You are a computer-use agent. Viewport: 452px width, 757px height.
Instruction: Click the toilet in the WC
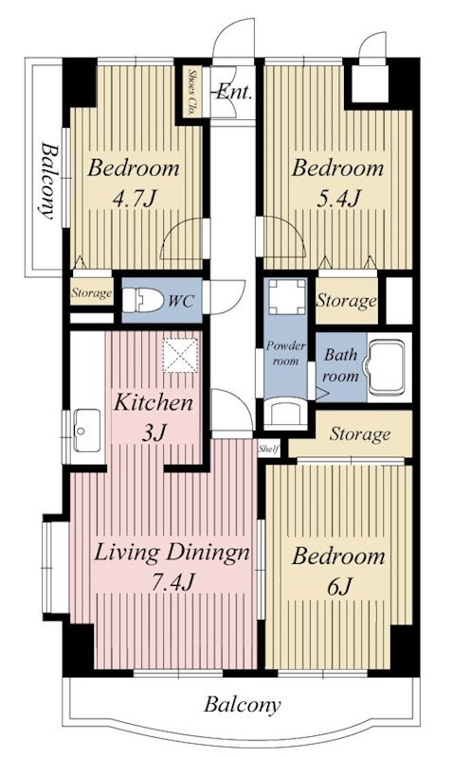point(142,300)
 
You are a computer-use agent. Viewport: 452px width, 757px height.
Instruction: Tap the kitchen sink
point(87,430)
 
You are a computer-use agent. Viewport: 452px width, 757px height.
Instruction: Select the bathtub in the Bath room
point(385,367)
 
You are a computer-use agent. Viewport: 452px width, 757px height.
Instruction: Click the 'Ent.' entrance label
point(234,92)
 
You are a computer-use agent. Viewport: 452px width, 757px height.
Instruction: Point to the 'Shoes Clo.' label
point(191,91)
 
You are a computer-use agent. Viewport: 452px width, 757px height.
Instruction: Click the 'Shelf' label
point(269,449)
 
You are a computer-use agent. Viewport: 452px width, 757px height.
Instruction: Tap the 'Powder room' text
point(286,353)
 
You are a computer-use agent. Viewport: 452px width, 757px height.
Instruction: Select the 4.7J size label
point(135,198)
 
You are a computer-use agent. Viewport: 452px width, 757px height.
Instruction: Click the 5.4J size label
point(338,198)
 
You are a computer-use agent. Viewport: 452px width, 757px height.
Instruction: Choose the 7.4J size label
point(172,583)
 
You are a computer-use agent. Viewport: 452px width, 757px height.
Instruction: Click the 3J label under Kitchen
point(154,433)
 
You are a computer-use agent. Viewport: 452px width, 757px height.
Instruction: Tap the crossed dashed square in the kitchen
point(180,356)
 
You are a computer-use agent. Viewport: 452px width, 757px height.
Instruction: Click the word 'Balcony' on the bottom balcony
point(242,705)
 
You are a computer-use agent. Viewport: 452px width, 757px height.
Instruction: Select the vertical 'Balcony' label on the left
point(46,181)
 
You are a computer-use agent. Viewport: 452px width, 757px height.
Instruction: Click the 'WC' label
point(181,301)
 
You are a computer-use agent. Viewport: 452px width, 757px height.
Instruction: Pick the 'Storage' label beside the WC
point(92,293)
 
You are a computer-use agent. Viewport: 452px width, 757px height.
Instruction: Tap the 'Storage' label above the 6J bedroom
point(360,434)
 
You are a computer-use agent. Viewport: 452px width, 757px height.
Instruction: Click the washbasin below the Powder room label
point(286,414)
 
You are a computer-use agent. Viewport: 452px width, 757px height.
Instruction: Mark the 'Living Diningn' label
point(172,553)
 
